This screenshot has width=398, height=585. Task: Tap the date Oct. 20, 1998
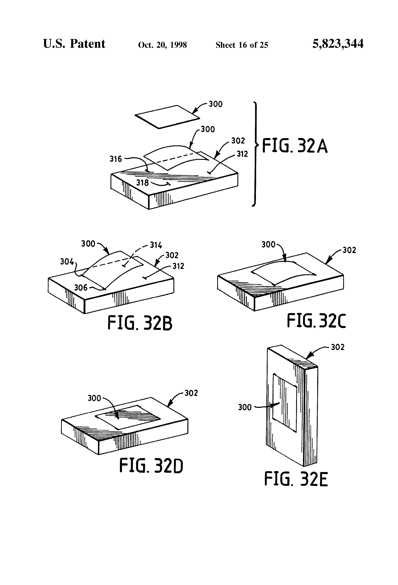coord(162,45)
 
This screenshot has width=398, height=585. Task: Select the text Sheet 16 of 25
coord(242,45)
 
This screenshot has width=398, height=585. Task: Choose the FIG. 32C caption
coord(316,320)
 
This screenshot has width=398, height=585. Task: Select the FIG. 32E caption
coord(296,479)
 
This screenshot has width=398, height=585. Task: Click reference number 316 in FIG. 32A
coord(116,159)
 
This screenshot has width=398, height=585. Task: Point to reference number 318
coord(142,182)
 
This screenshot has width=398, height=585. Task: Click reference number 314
coord(156,245)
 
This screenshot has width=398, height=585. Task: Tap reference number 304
coord(67,262)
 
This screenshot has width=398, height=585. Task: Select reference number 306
coord(81,288)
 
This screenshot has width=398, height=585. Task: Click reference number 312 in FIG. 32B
coord(178,266)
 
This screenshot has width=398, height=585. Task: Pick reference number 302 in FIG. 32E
coord(338,347)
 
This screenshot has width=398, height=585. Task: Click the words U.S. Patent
coord(74,44)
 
